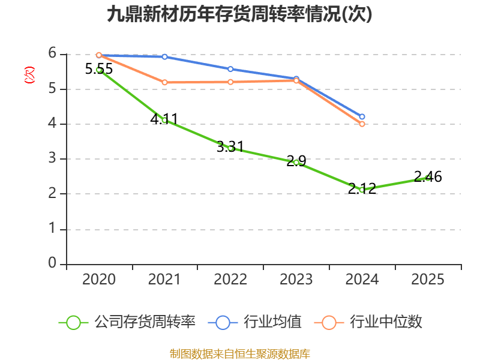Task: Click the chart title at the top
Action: click(239, 14)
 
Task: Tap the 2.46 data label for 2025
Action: click(428, 176)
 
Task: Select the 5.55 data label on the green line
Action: click(99, 68)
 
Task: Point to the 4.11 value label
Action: click(164, 119)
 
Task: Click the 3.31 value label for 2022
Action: click(230, 146)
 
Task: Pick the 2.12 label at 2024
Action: click(362, 188)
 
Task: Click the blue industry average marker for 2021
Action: click(164, 56)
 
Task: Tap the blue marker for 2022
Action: click(230, 69)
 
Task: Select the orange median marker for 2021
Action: click(164, 82)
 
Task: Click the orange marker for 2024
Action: click(362, 124)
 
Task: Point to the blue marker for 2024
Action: click(362, 116)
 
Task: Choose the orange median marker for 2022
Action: click(230, 82)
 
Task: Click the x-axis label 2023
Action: click(296, 279)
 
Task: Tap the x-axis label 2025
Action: click(428, 279)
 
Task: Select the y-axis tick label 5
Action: click(52, 88)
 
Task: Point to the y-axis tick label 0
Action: click(52, 263)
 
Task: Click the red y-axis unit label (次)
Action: click(29, 75)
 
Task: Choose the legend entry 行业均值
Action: click(254, 322)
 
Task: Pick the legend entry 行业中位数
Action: click(368, 322)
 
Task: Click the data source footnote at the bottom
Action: click(240, 353)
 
